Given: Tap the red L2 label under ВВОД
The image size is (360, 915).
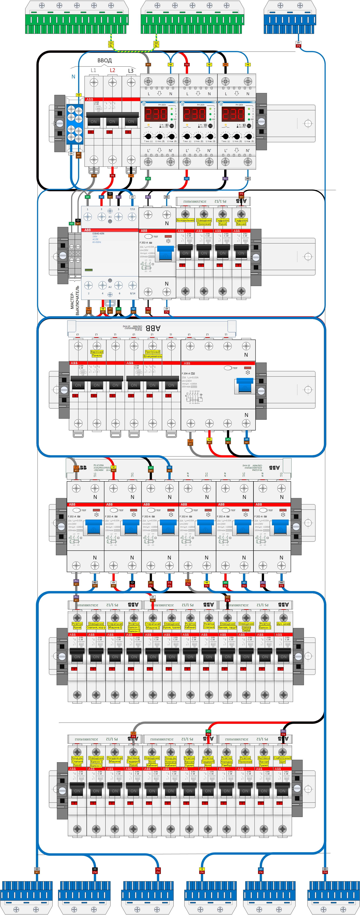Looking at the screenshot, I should [x=112, y=70].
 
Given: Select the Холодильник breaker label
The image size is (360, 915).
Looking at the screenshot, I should [x=185, y=220].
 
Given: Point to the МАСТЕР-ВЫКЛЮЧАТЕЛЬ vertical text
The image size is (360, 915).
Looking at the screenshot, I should [x=75, y=300].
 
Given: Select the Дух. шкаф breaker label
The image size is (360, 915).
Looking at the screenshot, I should [x=283, y=624].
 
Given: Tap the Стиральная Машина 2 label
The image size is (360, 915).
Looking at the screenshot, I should [x=153, y=625].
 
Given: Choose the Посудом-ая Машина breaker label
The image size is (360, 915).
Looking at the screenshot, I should [x=115, y=759].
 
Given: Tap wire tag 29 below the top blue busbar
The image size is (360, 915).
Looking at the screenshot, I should [x=298, y=44].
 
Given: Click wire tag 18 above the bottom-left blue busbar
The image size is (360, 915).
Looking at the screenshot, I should [x=37, y=870].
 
